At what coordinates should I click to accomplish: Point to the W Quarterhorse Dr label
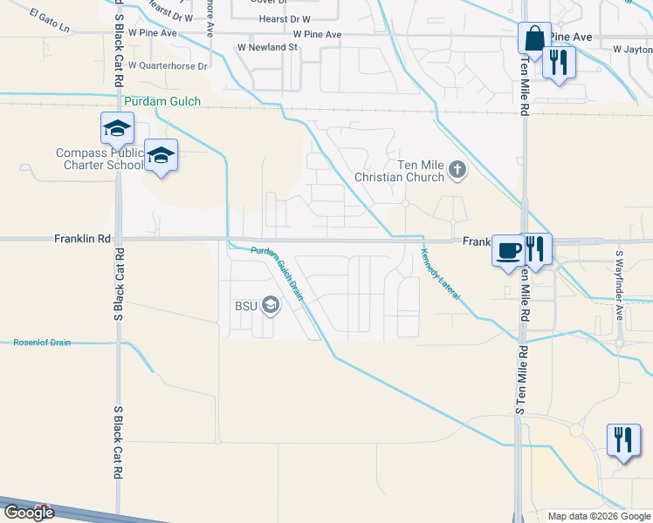pos(168,65)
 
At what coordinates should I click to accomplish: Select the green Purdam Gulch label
pos(162,102)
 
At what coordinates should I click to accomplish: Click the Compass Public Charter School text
pos(99,159)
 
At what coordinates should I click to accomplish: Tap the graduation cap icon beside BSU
pos(271,305)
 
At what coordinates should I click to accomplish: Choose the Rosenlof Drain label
pos(41,343)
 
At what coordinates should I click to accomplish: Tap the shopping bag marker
pos(533,39)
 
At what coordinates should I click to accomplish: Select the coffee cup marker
pos(507,251)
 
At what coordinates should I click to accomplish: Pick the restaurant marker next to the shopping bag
pos(557,63)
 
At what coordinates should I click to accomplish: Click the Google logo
pos(29,513)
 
